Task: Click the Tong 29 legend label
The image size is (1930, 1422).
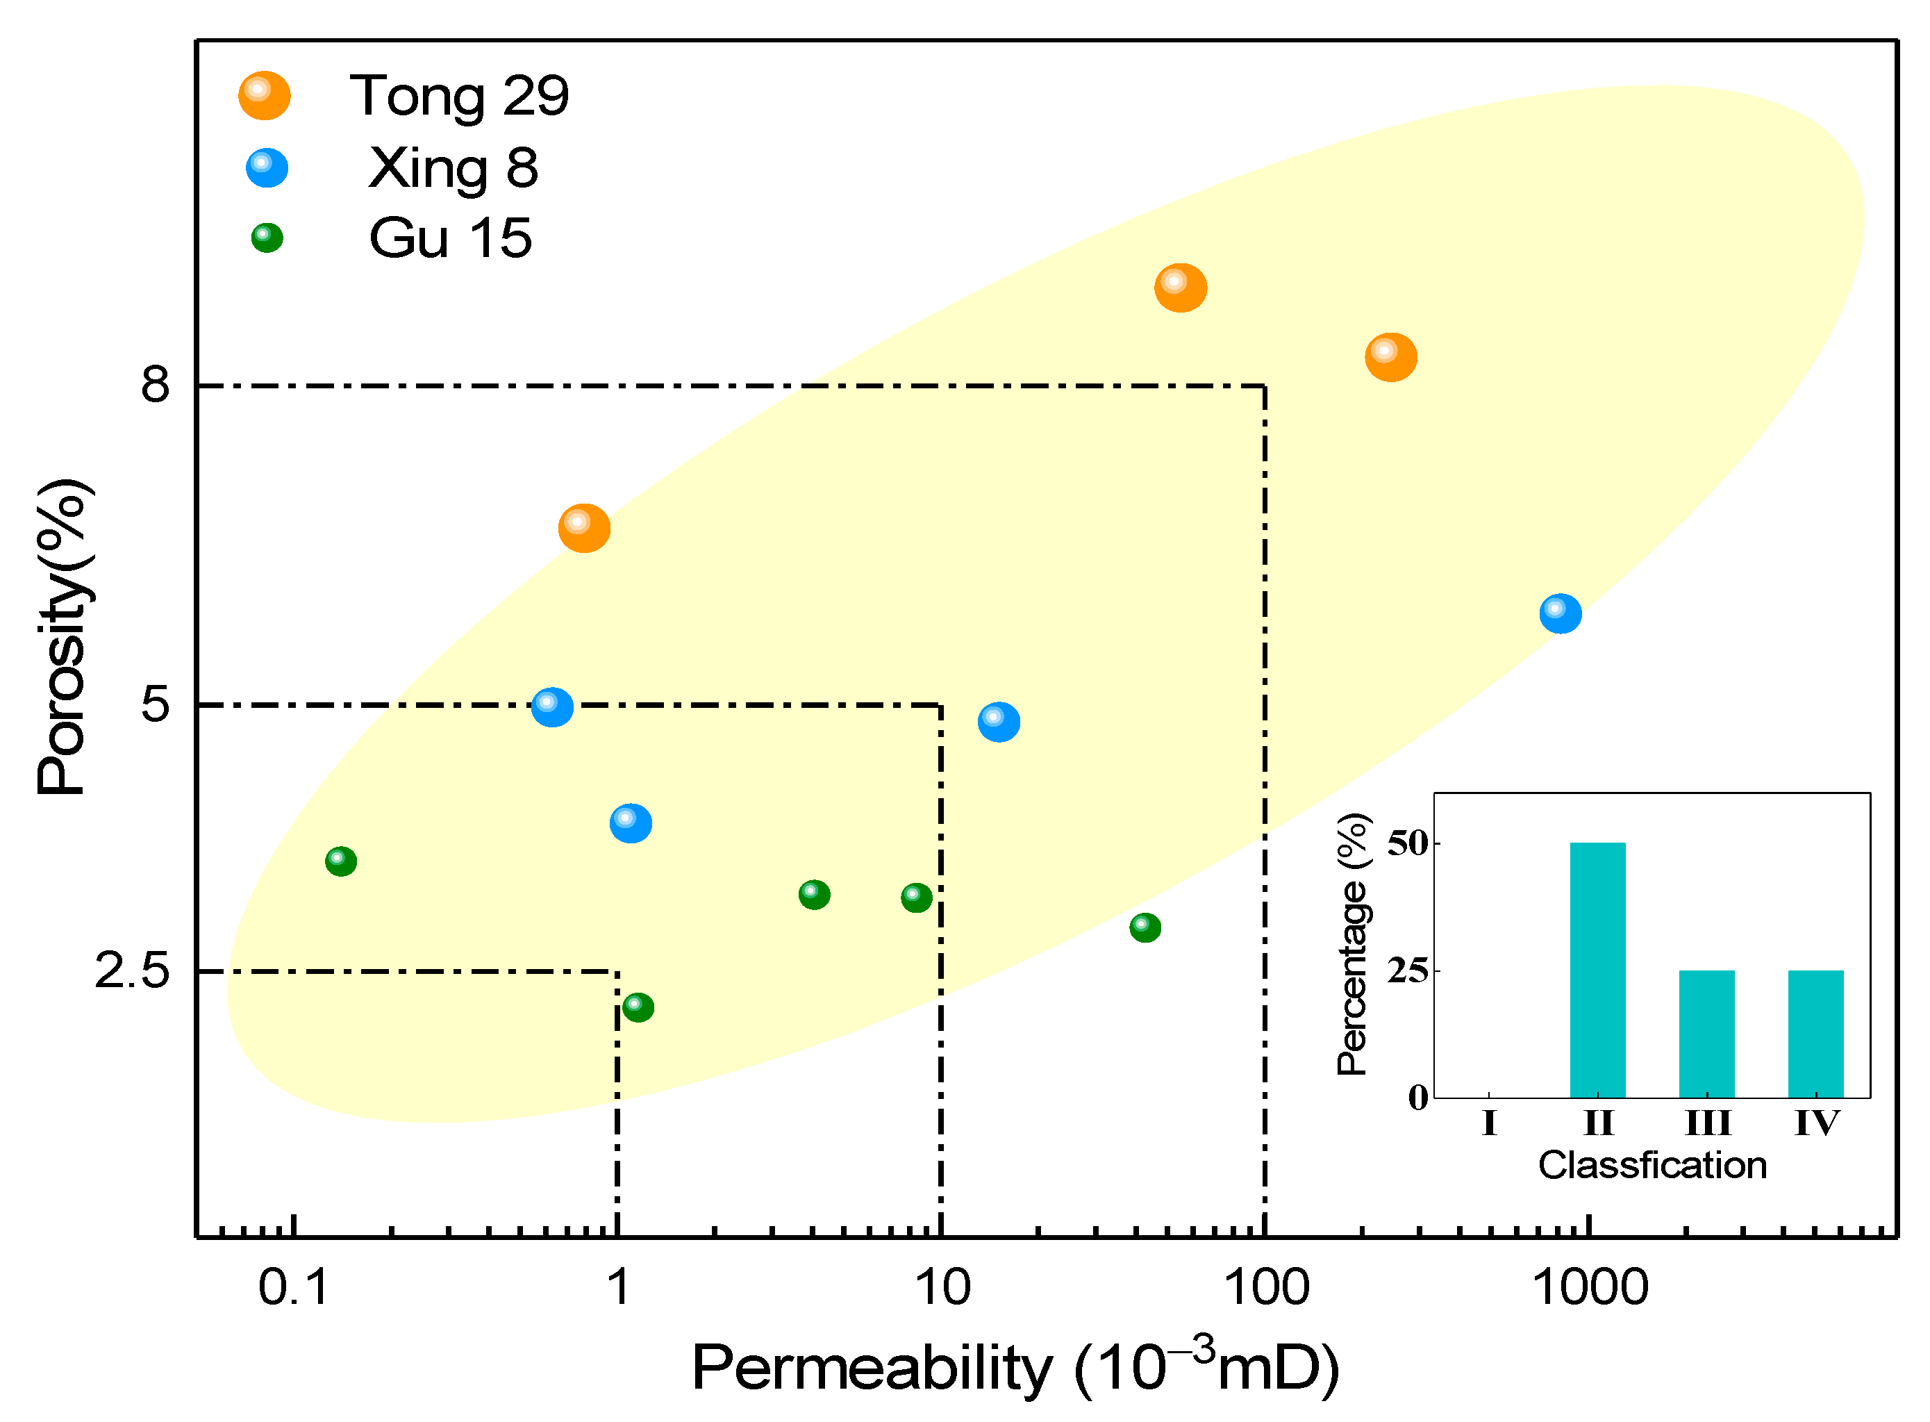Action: coord(458,96)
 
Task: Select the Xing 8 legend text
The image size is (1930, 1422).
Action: coord(453,168)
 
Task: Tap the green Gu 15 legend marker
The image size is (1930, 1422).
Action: coord(267,238)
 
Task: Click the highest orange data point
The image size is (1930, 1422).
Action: coord(1180,288)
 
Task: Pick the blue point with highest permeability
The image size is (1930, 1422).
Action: coord(1559,613)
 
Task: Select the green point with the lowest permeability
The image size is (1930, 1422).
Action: coord(341,861)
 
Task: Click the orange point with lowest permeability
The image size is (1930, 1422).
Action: coord(584,528)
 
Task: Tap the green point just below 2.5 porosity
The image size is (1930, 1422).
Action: coord(638,1007)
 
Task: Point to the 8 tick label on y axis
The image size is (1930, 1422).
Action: coord(155,384)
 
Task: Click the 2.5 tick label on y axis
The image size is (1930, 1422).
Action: coord(132,971)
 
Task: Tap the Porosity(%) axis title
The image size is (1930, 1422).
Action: coord(62,637)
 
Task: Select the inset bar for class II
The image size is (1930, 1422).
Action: coord(1597,969)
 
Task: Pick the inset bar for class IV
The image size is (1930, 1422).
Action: coord(1815,1033)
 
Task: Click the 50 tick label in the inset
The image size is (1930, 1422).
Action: coord(1407,843)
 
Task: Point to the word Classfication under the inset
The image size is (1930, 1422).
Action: coord(1652,1166)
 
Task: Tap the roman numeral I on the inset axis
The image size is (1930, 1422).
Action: coord(1490,1123)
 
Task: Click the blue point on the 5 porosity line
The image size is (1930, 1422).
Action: coord(551,706)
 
